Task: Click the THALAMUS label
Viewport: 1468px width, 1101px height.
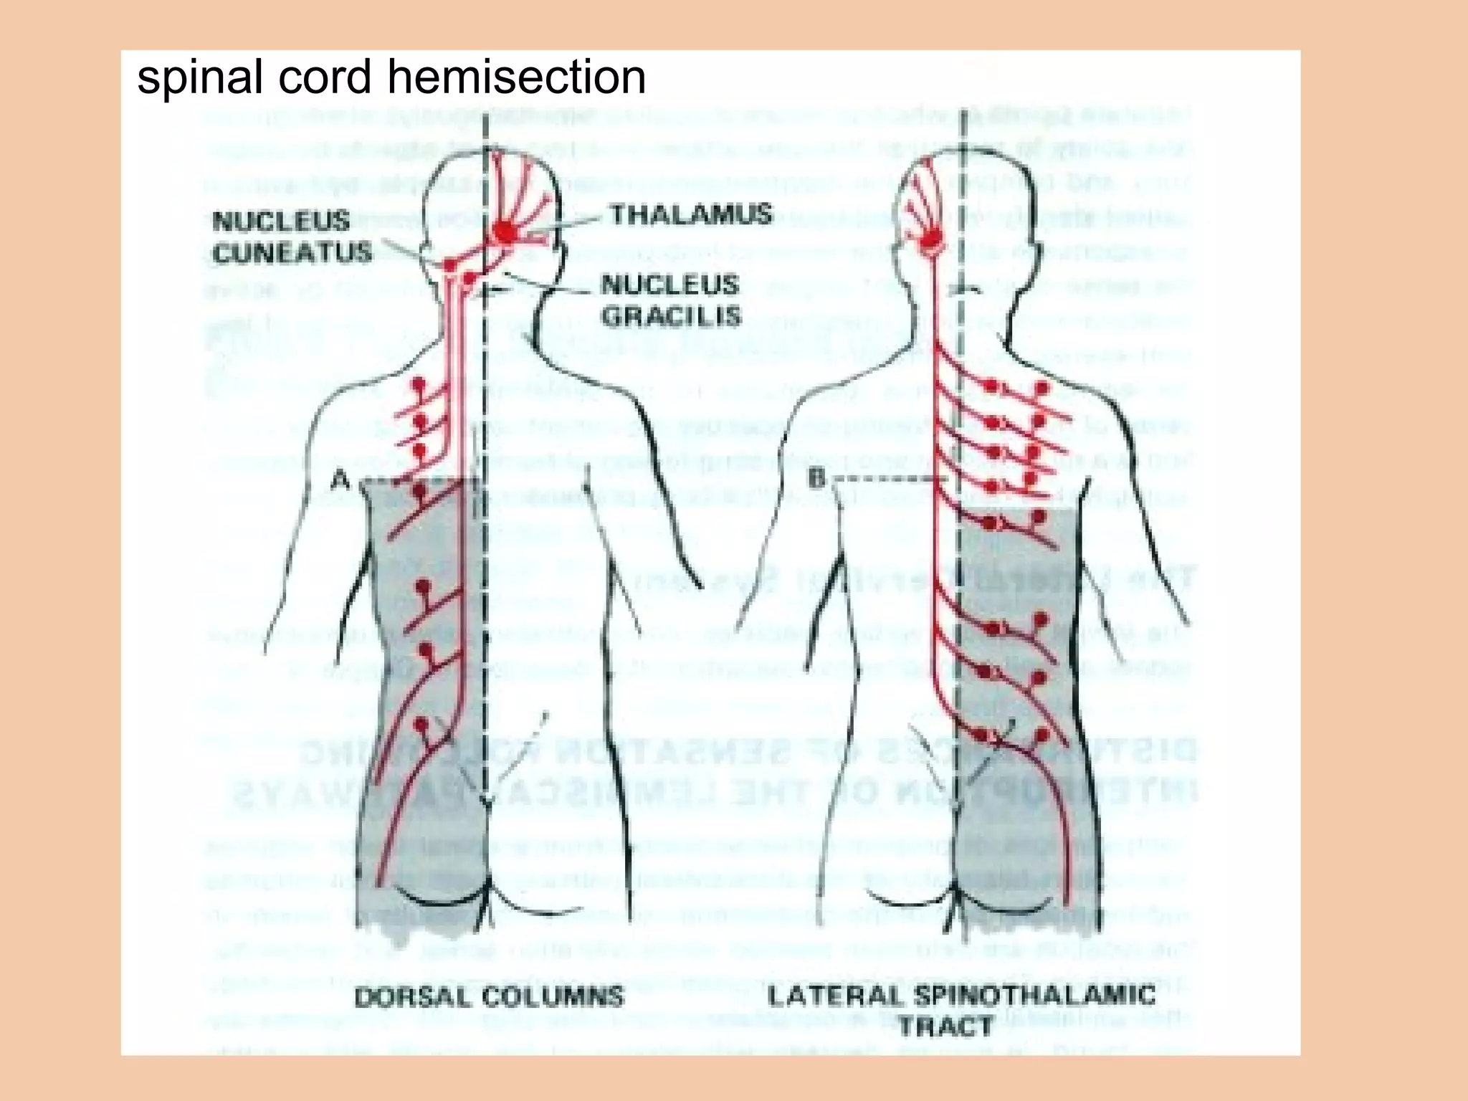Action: [691, 214]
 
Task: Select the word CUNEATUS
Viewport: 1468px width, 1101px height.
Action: [292, 253]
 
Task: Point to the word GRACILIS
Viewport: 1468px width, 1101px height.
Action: [670, 316]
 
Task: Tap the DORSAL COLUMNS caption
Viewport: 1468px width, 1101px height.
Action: [490, 997]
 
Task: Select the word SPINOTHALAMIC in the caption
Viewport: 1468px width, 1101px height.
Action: [1034, 995]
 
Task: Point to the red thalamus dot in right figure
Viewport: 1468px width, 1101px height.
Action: [933, 240]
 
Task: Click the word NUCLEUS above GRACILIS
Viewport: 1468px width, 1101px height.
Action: [670, 285]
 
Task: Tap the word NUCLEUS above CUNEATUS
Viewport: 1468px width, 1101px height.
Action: [282, 221]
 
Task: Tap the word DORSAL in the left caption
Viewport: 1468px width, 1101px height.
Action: [413, 998]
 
